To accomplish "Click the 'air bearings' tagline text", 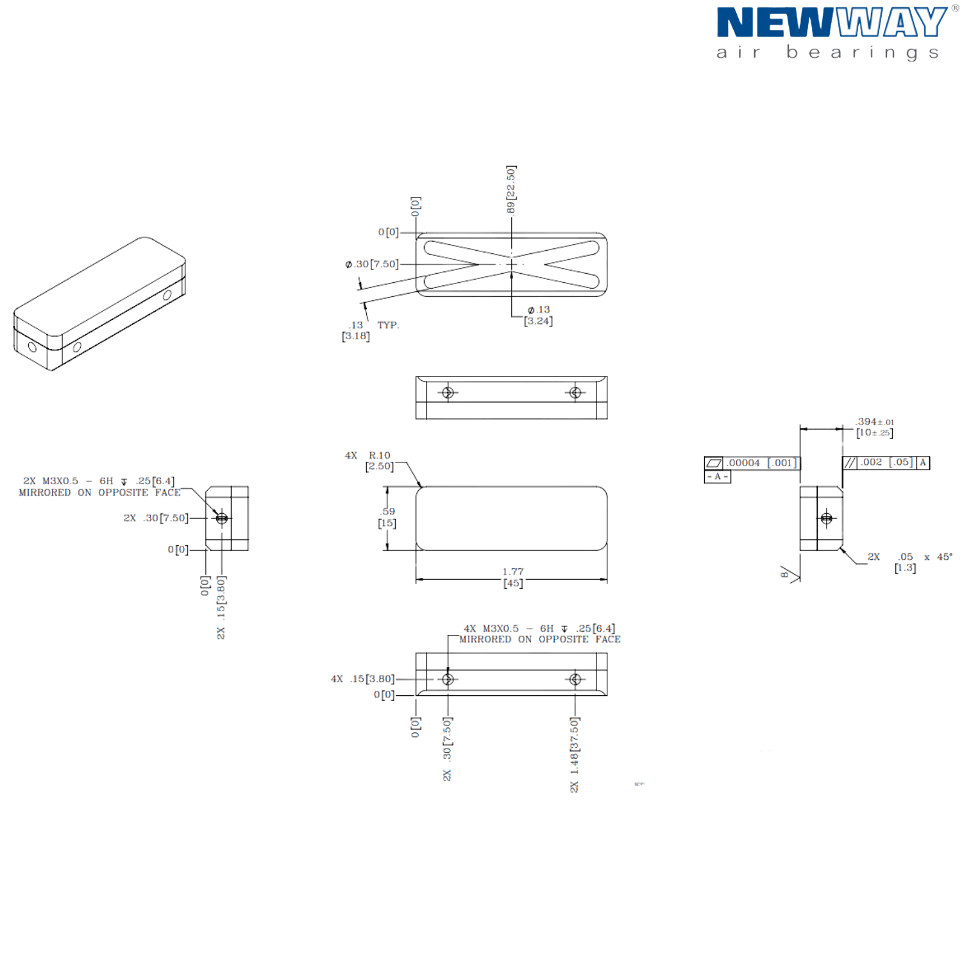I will [827, 53].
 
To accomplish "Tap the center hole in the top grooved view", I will [511, 264].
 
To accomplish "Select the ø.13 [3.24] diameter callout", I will [539, 316].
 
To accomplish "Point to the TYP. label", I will [387, 326].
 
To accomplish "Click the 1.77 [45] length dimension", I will [512, 577].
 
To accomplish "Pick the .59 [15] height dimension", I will [388, 518].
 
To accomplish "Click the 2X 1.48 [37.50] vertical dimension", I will [575, 755].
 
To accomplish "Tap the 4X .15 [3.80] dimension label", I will [362, 679].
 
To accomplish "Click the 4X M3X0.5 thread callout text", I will [539, 634].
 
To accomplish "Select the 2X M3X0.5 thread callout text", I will [99, 487].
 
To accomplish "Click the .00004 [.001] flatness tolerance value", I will [762, 462].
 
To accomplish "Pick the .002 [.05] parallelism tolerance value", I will [885, 462].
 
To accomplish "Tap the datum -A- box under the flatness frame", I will [717, 477].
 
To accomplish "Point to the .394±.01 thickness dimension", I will [875, 426].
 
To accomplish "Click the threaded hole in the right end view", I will [827, 518].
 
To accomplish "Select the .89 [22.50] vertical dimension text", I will [511, 190].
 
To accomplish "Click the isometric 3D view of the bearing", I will [99, 305].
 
